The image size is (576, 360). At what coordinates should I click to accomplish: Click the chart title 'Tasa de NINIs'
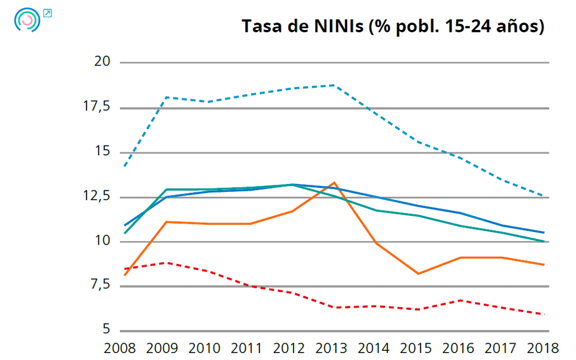click(x=393, y=27)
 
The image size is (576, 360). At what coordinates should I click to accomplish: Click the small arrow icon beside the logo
click(x=48, y=13)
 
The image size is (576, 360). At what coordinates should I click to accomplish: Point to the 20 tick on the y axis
click(x=102, y=62)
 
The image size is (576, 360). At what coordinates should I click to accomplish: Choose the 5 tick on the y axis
click(x=106, y=330)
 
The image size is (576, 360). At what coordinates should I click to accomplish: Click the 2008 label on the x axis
click(x=119, y=348)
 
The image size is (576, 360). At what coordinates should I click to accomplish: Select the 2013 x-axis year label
click(x=332, y=348)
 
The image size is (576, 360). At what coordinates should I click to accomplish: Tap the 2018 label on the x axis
click(x=544, y=348)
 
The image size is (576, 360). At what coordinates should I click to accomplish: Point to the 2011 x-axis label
click(x=247, y=348)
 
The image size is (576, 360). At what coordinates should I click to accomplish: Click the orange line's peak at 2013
click(x=334, y=183)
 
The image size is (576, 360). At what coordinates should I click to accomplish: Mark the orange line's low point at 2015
click(x=418, y=273)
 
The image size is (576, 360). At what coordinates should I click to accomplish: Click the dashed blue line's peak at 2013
click(x=334, y=85)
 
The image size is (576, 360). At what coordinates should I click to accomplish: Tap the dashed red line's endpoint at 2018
click(x=544, y=314)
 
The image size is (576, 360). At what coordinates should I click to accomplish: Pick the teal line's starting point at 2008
click(x=125, y=233)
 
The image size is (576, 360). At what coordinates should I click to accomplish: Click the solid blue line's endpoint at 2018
click(x=544, y=232)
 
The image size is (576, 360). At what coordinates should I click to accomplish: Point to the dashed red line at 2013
click(x=334, y=307)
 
